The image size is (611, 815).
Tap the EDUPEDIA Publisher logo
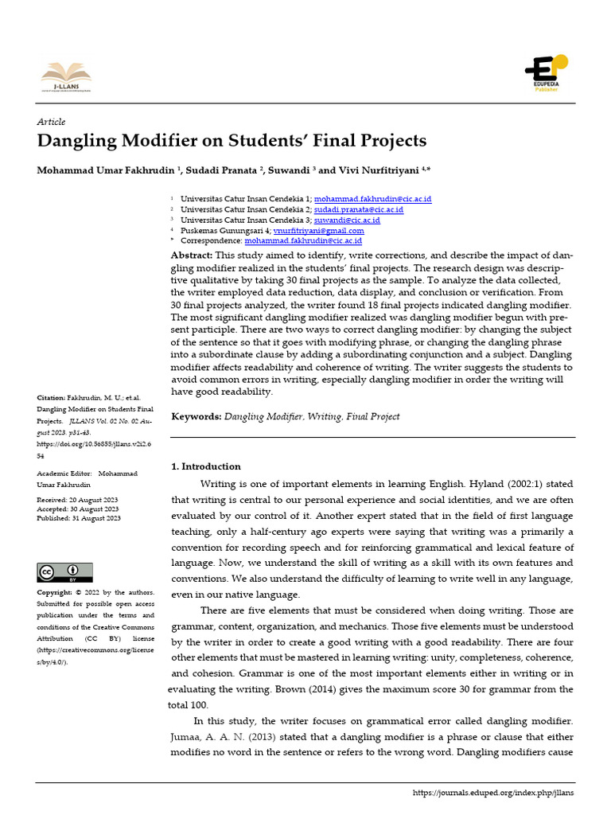[x=546, y=72]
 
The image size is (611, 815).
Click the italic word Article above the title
[x=51, y=122]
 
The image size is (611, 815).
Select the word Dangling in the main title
[x=76, y=142]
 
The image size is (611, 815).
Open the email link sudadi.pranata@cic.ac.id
[x=359, y=209]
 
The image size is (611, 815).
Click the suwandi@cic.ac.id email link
[x=347, y=220]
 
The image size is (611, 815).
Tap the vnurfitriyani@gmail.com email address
[x=318, y=230]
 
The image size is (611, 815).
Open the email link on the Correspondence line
[x=303, y=240]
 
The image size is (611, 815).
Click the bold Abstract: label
[x=192, y=255]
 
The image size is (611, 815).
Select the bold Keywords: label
[x=197, y=416]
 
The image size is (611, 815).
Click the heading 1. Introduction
[x=206, y=466]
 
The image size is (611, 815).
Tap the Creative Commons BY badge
[x=64, y=572]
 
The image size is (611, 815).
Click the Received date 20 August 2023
[x=95, y=499]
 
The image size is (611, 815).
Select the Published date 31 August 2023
[x=96, y=518]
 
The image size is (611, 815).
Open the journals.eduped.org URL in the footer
[x=493, y=793]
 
